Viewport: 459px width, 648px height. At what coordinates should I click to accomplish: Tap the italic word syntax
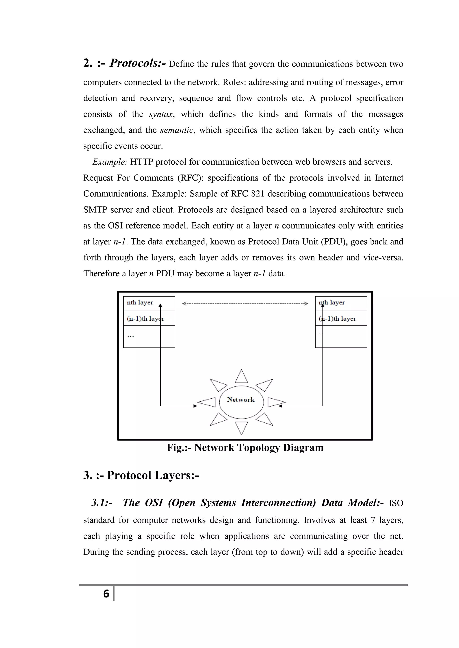point(160,114)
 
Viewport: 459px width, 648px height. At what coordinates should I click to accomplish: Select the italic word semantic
point(177,130)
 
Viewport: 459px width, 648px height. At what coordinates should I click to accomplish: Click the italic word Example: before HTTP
point(110,162)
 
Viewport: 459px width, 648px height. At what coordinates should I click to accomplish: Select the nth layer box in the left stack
point(149,303)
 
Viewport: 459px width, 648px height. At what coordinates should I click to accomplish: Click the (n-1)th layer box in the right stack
point(341,318)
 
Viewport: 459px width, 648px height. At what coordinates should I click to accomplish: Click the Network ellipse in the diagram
point(241,402)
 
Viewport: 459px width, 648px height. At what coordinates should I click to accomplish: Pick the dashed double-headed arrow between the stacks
point(245,304)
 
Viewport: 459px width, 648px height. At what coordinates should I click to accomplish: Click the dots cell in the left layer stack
point(149,336)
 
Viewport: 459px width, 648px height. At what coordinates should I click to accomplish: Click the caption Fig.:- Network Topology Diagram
point(245,448)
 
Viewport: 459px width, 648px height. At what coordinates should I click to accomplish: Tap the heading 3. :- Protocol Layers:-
point(141,475)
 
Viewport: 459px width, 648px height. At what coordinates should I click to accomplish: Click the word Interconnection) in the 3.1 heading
point(278,503)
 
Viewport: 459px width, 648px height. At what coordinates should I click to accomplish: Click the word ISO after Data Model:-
point(396,503)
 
